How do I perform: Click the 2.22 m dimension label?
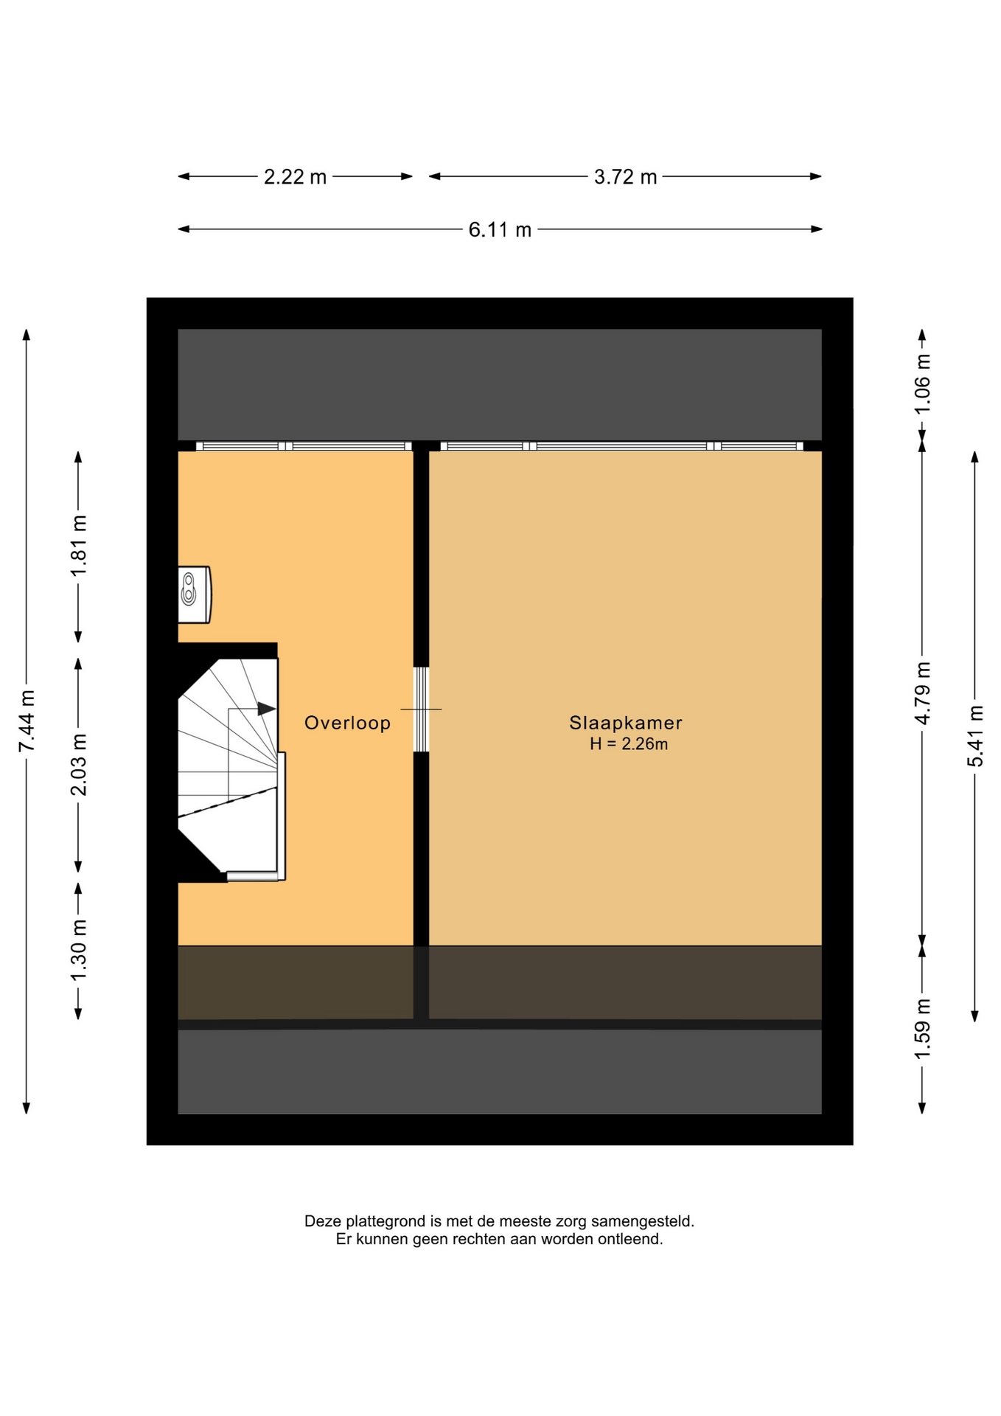pos(295,177)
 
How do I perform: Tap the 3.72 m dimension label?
pos(625,177)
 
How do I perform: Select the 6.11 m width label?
pos(500,229)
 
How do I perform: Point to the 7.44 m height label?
pos(27,721)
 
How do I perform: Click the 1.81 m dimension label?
pos(79,546)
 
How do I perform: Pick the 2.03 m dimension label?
pos(79,765)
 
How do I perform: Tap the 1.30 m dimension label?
pos(79,951)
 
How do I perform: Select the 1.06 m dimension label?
pos(922,383)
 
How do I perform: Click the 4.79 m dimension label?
pos(922,693)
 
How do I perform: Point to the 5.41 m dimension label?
pos(975,736)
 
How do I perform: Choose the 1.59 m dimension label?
pos(922,1028)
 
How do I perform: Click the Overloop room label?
pos(347,723)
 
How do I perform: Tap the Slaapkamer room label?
pos(626,723)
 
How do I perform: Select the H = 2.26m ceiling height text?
pos(629,744)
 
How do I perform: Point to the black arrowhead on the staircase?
pos(266,709)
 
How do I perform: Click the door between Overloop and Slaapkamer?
pos(421,709)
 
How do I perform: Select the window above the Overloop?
pos(304,446)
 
